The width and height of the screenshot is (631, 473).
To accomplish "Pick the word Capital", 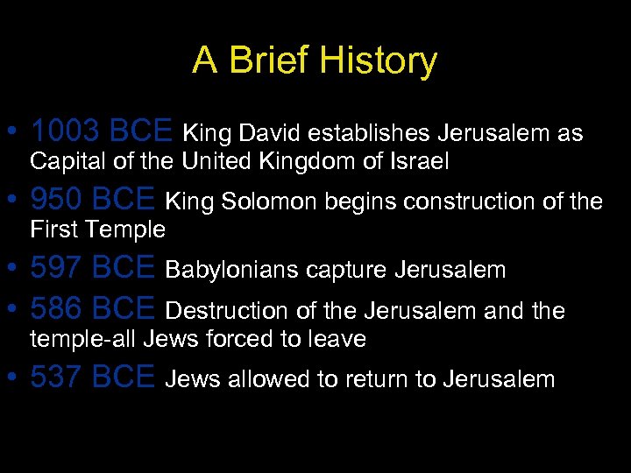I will (x=64, y=161).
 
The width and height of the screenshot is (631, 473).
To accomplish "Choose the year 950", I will (x=56, y=201).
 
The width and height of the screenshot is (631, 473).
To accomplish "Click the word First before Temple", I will (x=53, y=229).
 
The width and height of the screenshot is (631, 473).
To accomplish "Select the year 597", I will (x=56, y=268).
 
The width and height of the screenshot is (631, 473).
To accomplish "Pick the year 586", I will (x=56, y=309).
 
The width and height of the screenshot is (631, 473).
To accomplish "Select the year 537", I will (x=56, y=378).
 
